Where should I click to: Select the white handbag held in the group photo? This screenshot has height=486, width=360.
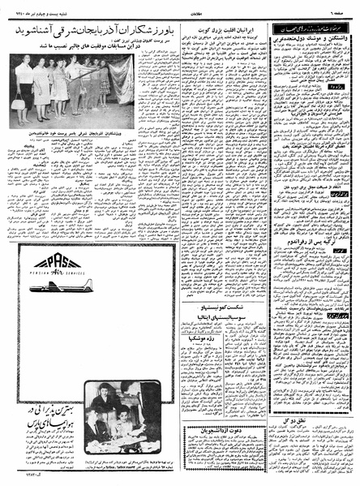[18, 102]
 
